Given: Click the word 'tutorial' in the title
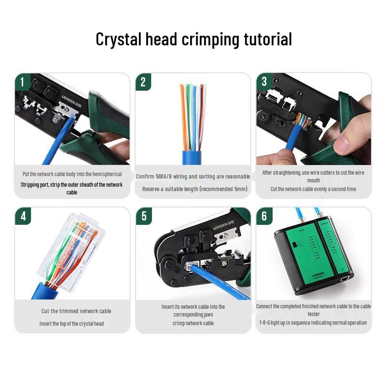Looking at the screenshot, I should [265, 39].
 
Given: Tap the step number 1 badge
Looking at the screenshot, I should [22, 82].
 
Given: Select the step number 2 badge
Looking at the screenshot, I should [143, 82].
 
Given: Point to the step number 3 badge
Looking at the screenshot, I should [263, 82].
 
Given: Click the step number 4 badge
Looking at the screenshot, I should [22, 216].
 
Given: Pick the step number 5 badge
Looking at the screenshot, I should [143, 216].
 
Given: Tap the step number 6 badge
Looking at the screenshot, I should [264, 216].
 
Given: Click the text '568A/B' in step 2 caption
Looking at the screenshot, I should [167, 177].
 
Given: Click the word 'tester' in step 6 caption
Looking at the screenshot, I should [314, 314].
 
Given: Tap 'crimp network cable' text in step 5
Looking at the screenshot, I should [193, 323].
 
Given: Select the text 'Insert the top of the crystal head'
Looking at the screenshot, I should [71, 324].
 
